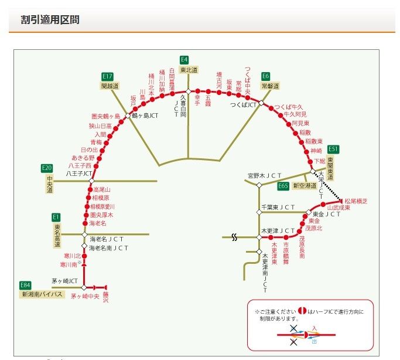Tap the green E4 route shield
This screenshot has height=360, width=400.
click(x=184, y=59)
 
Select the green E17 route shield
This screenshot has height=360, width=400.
click(x=107, y=76)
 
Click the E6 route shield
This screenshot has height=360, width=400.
click(x=266, y=76)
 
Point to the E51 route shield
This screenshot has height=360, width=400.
click(x=333, y=149)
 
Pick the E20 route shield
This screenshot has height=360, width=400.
click(x=47, y=168)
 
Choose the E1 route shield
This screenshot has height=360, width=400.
click(x=57, y=217)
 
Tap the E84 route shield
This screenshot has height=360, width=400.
click(x=26, y=286)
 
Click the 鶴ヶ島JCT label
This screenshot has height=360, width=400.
click(x=145, y=116)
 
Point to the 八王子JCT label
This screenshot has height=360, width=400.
click(x=79, y=174)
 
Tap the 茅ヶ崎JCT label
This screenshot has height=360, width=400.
click(x=64, y=281)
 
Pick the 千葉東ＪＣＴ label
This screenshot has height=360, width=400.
click(x=278, y=207)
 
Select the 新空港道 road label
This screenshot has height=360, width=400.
click(x=304, y=186)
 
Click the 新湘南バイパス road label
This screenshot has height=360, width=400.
click(x=42, y=294)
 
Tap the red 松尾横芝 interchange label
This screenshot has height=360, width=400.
click(x=355, y=201)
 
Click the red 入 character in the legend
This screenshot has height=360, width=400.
click(x=314, y=328)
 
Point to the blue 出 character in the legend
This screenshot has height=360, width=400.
click(x=314, y=339)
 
